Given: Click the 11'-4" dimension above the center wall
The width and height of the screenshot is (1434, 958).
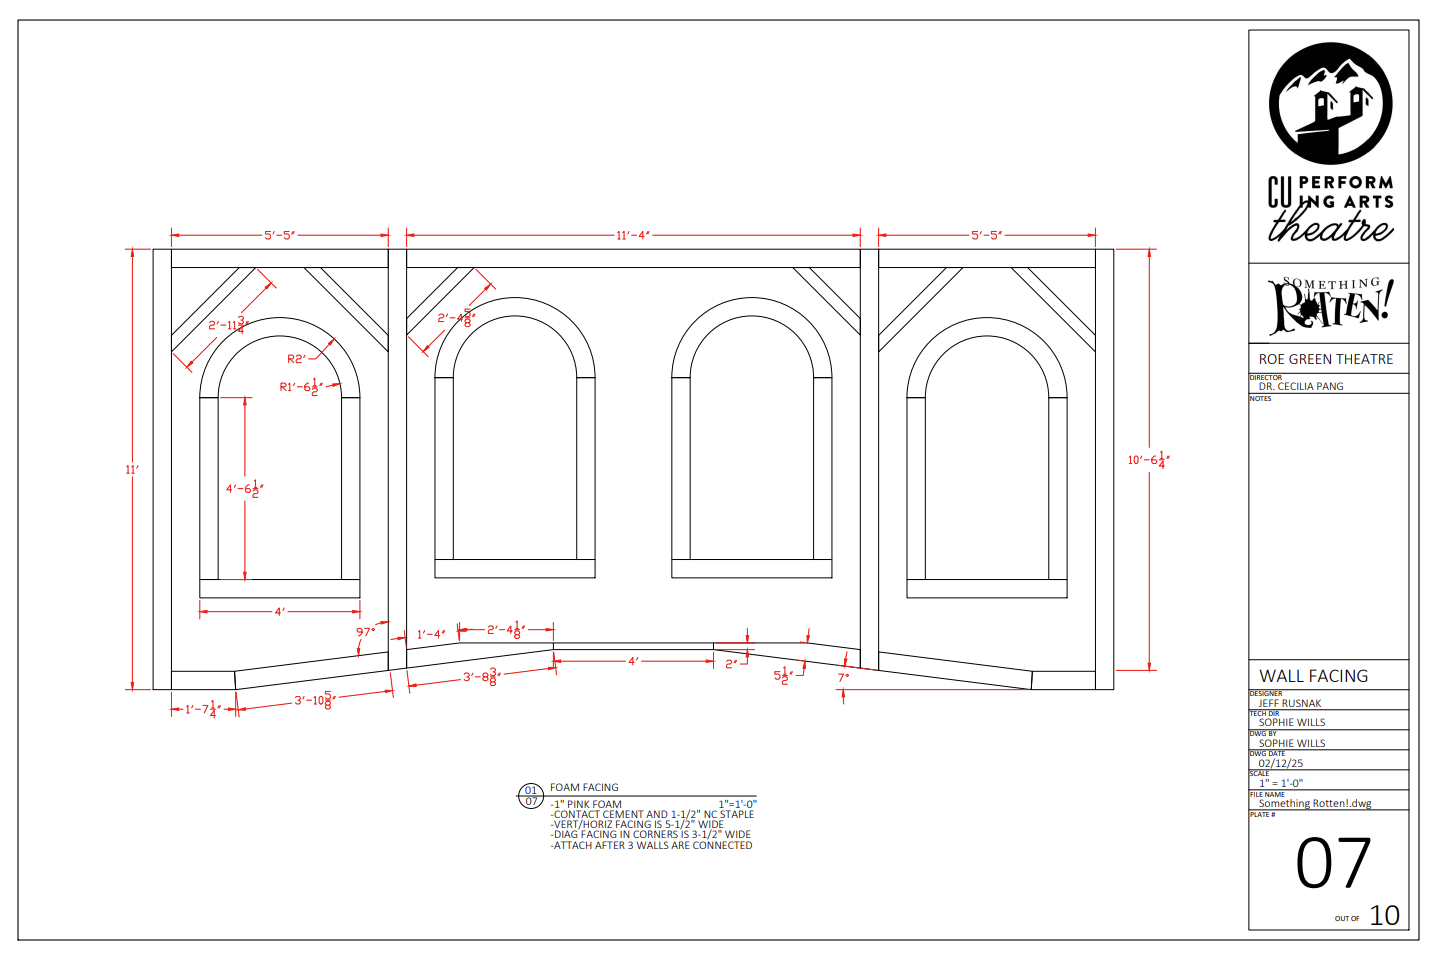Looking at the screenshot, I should point(633,236).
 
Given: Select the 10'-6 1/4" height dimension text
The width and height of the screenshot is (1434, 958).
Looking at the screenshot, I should point(1148,460).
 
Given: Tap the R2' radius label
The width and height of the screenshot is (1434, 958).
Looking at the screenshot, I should point(296,359).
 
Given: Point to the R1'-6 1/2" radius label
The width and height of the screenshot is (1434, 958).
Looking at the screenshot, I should point(300,387).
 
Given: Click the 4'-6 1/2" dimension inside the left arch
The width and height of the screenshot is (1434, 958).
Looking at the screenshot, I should point(244,489).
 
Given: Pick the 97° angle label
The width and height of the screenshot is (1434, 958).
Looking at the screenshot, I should point(366,632).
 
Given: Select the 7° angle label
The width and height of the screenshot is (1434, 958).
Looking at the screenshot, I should point(843,677).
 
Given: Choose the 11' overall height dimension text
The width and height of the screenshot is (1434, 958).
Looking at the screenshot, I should point(132,469).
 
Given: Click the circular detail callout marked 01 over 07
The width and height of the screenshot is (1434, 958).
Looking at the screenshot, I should point(531,796).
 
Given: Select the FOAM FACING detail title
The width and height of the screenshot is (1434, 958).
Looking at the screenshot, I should point(584,788).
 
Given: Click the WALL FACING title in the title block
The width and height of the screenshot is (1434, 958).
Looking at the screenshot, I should point(1313,676).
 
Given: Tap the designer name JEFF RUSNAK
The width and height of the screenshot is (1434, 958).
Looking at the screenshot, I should point(1289,703).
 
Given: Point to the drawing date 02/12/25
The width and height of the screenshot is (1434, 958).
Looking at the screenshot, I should point(1280,763).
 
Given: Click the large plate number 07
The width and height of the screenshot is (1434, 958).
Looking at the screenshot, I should point(1332,864).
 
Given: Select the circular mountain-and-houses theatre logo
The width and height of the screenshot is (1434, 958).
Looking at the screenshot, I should point(1330,104).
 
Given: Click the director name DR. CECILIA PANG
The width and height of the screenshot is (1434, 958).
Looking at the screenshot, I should point(1300,386).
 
